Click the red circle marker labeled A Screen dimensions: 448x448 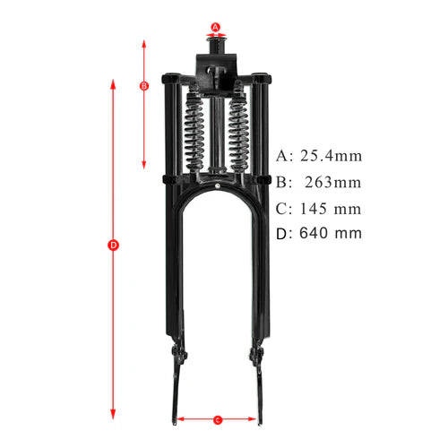click(x=216, y=27)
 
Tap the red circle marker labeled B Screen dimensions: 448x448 click(x=144, y=86)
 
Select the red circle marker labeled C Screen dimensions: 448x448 click(x=218, y=418)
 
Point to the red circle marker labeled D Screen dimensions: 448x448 click(x=113, y=245)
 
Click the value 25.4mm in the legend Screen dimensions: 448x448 click(x=331, y=155)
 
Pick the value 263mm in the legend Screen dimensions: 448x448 click(x=331, y=182)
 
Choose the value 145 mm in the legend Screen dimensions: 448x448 click(x=331, y=209)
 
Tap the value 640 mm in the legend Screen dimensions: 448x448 click(x=331, y=234)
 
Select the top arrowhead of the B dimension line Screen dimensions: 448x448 click(x=144, y=41)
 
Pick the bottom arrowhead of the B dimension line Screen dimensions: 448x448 click(x=144, y=167)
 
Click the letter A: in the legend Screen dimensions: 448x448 click(x=284, y=155)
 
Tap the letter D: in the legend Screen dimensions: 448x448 click(x=284, y=234)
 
